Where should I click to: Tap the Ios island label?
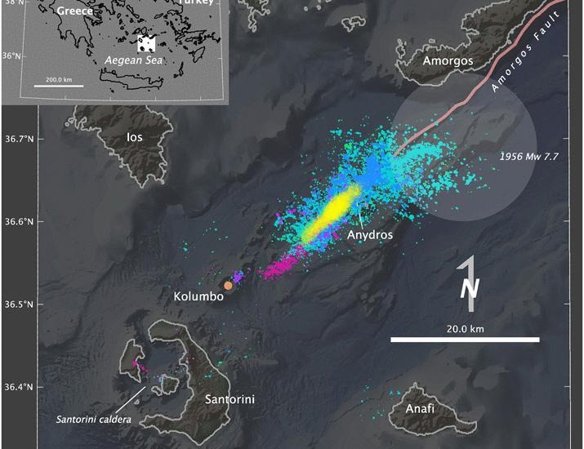pyautogui.click(x=135, y=137)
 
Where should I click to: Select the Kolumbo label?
pyautogui.click(x=198, y=296)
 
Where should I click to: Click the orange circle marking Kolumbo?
pyautogui.click(x=229, y=286)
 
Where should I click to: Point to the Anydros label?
pyautogui.click(x=370, y=235)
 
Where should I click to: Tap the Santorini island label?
pyautogui.click(x=230, y=399)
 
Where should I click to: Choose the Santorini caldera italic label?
pyautogui.click(x=93, y=420)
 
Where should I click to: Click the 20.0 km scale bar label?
pyautogui.click(x=463, y=328)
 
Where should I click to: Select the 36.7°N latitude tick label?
pyautogui.click(x=20, y=139)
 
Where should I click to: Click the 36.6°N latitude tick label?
pyautogui.click(x=20, y=221)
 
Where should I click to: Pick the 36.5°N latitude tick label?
pyautogui.click(x=20, y=305)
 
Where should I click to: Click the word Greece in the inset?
pyautogui.click(x=74, y=11)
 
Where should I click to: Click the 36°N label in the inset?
pyautogui.click(x=11, y=56)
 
